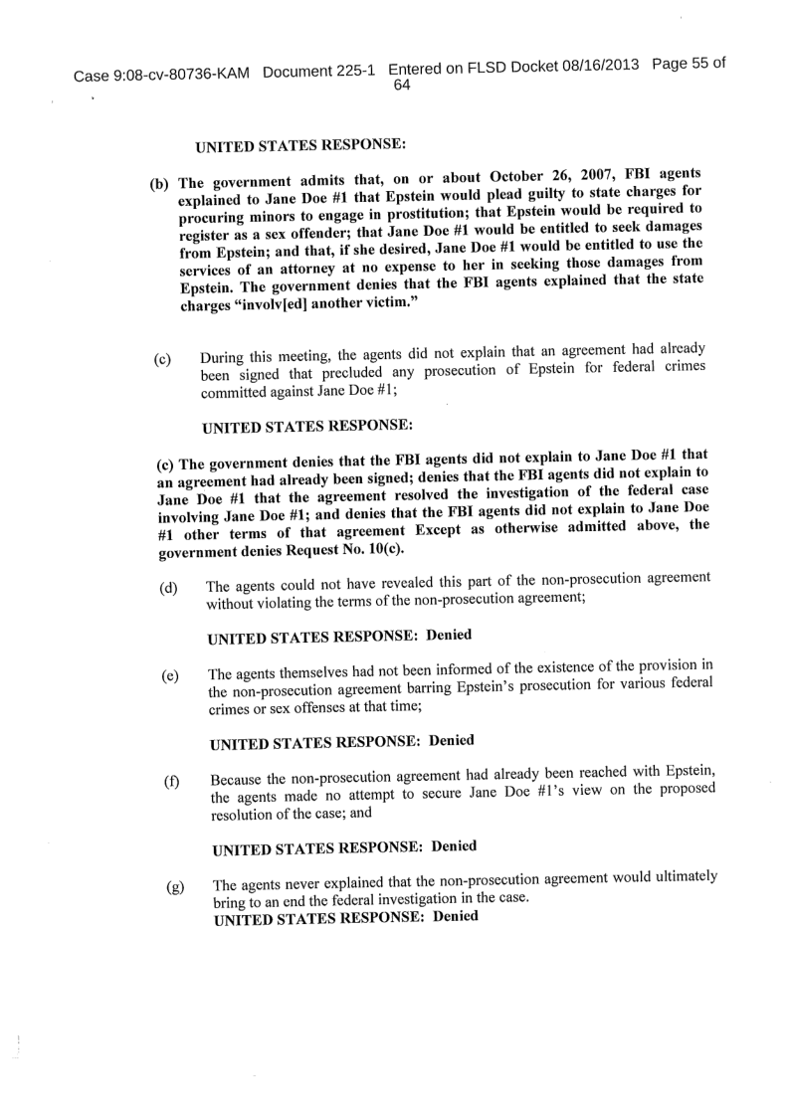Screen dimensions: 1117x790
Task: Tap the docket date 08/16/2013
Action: pos(596,66)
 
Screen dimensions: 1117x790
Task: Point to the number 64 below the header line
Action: pos(403,86)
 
